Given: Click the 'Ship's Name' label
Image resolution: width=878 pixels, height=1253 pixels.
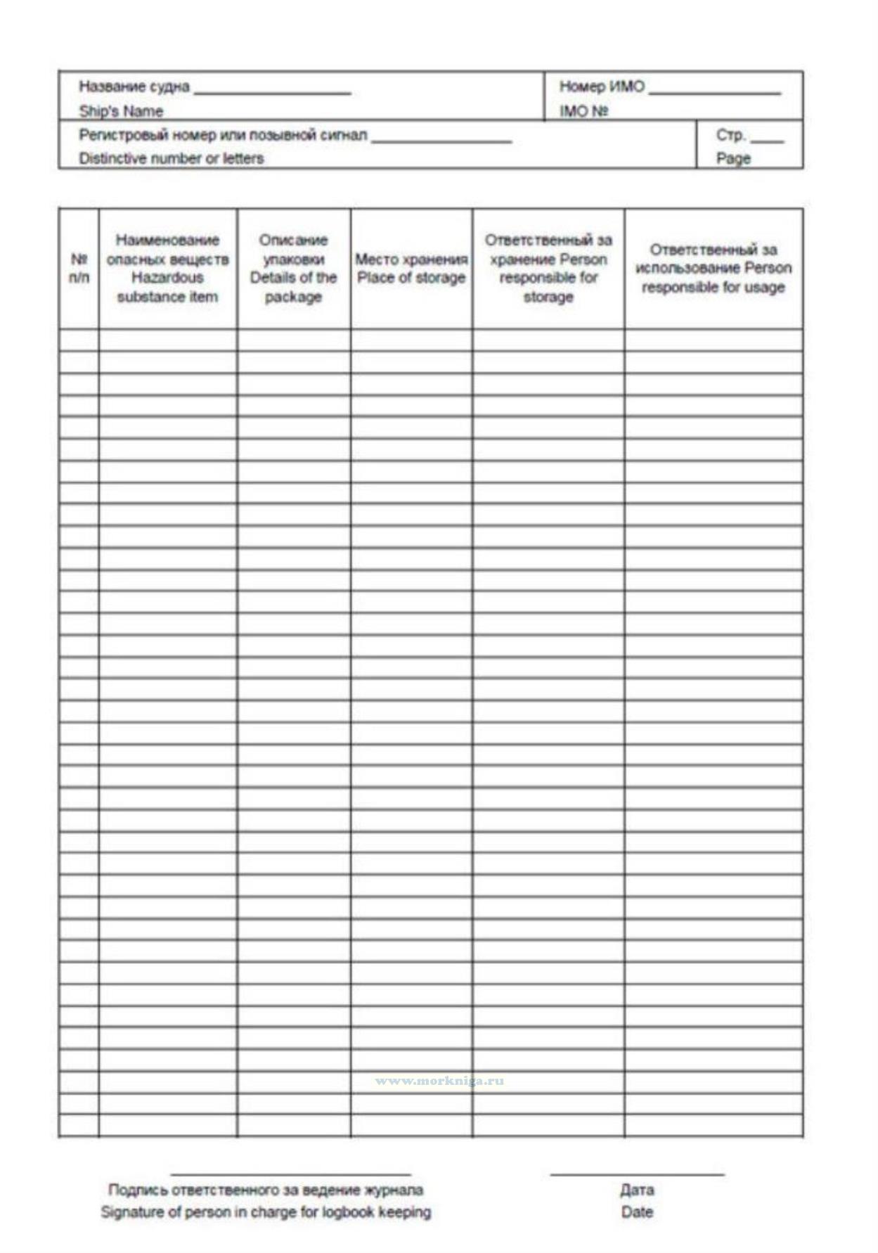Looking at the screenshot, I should pyautogui.click(x=121, y=111).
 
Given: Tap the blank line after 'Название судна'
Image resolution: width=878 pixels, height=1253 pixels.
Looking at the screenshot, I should pyautogui.click(x=273, y=92).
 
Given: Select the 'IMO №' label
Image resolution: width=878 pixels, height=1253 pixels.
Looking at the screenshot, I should pyautogui.click(x=583, y=111).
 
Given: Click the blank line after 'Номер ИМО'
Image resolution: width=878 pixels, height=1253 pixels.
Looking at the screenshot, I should pyautogui.click(x=714, y=92).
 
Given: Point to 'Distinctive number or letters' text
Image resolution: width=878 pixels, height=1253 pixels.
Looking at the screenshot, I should pyautogui.click(x=171, y=158).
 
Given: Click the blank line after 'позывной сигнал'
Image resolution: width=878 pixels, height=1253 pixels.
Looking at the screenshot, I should pyautogui.click(x=441, y=141).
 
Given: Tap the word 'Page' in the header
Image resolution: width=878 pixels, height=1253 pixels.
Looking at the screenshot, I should pyautogui.click(x=733, y=158).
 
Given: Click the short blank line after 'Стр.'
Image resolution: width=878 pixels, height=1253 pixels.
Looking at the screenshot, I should pyautogui.click(x=766, y=141).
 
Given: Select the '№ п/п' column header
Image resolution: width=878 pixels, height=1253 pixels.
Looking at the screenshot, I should pyautogui.click(x=79, y=268).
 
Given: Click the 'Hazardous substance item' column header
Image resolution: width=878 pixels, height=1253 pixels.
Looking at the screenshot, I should pyautogui.click(x=167, y=268).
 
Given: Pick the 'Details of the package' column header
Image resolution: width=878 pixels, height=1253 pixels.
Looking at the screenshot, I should pyautogui.click(x=293, y=268).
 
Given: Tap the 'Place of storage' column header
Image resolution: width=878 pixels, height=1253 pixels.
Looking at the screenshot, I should pyautogui.click(x=411, y=269).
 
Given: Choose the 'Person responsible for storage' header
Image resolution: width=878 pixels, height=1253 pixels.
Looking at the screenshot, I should pyautogui.click(x=548, y=268).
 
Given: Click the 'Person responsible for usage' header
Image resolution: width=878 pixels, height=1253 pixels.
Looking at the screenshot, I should pyautogui.click(x=713, y=268).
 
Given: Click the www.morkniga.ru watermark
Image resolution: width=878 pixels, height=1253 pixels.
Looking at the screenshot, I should pyautogui.click(x=439, y=1081).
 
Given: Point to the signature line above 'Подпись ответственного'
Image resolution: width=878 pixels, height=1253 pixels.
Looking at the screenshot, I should pyautogui.click(x=290, y=1174).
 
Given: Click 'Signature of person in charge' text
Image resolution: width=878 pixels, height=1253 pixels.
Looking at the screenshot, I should pyautogui.click(x=266, y=1212).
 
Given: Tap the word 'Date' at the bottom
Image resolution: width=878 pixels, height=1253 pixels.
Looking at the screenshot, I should pyautogui.click(x=637, y=1212).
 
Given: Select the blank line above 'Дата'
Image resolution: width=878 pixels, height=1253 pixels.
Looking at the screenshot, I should pyautogui.click(x=637, y=1174).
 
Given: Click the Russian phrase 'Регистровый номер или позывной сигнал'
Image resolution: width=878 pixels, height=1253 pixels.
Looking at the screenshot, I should pyautogui.click(x=223, y=135).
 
